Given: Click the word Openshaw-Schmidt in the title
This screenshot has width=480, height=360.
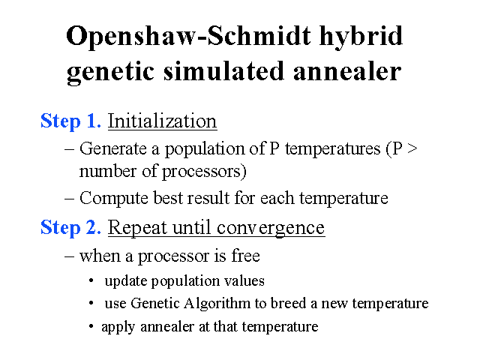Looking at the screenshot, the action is (x=188, y=37).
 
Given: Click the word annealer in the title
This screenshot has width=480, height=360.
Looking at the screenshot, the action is (x=347, y=70).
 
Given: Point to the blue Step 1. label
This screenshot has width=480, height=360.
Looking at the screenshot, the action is (x=70, y=121).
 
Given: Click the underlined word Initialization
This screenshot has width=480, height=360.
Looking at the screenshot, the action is (x=162, y=121).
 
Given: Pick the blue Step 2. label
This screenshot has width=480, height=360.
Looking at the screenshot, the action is (x=70, y=228).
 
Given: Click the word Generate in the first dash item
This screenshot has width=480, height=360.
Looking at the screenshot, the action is (x=113, y=148).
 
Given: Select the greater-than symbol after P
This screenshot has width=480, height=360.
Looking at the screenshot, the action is (x=412, y=148).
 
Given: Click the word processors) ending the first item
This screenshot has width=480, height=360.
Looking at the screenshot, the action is (x=204, y=172).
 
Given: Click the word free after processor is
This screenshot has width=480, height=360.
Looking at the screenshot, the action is (x=245, y=255).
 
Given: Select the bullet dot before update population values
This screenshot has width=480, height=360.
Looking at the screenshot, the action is (x=91, y=281).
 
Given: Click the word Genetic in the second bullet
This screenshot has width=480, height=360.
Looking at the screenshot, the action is (x=155, y=303).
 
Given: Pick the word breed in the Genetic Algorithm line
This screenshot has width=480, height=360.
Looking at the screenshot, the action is (x=288, y=303).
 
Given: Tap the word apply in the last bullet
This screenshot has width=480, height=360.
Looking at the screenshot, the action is (x=118, y=327).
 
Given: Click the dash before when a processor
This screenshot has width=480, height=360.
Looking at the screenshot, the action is (x=69, y=256).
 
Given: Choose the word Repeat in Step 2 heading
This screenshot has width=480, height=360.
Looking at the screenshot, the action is (x=137, y=228).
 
